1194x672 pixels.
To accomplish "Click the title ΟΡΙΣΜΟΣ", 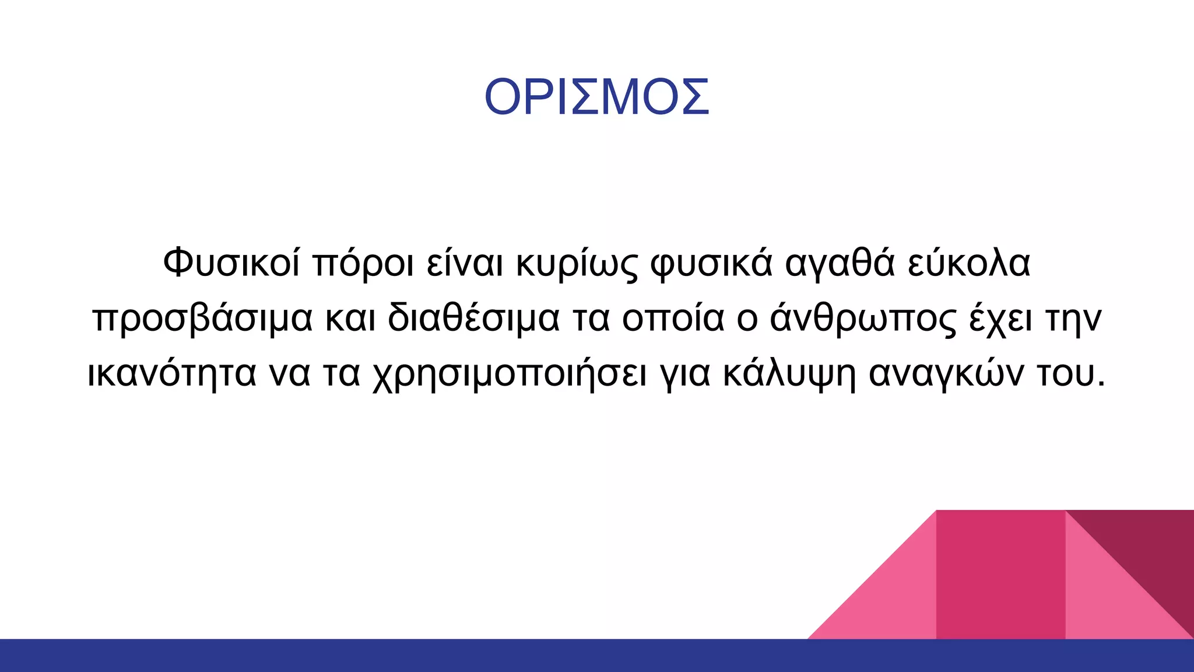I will (x=596, y=97).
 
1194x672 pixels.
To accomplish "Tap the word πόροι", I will (x=363, y=264).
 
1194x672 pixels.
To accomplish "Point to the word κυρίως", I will (x=577, y=264).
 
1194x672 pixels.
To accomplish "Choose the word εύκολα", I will (x=969, y=262).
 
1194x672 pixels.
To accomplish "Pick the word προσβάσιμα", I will (x=202, y=319).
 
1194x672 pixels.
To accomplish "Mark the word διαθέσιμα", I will (x=473, y=318).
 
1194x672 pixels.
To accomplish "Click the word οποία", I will (x=673, y=319).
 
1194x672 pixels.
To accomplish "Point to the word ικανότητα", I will (x=171, y=373).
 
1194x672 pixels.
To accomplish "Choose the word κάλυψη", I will (x=789, y=374).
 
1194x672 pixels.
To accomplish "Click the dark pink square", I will (x=1000, y=575).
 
